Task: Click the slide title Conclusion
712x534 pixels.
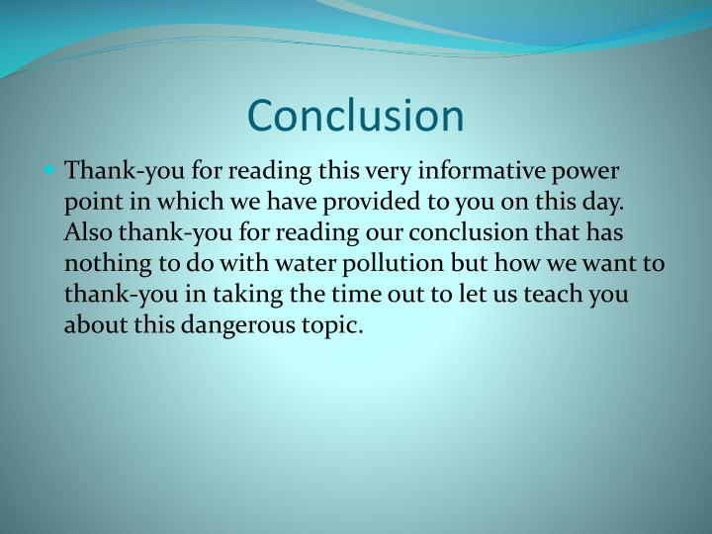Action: (x=355, y=116)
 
